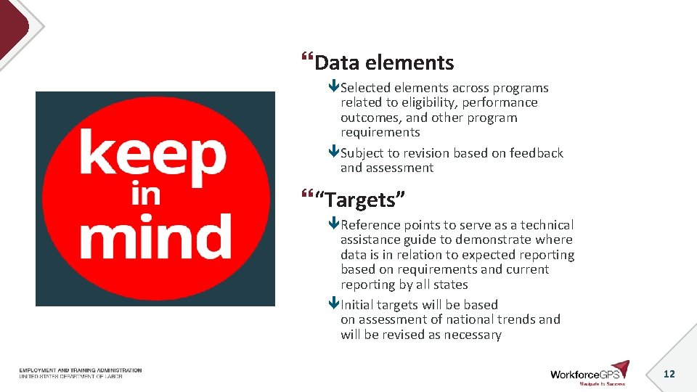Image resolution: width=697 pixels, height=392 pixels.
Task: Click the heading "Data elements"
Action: [x=384, y=63]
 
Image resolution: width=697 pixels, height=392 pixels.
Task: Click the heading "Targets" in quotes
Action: [x=360, y=198]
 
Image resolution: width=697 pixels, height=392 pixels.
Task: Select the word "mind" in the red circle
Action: [x=155, y=235]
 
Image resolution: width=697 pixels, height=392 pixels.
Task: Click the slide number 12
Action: [x=669, y=373]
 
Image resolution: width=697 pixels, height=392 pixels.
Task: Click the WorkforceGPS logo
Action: [x=589, y=374]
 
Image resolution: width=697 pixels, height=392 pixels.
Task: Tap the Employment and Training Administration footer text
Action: [x=81, y=370]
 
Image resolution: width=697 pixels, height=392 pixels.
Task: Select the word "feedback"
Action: [x=537, y=153]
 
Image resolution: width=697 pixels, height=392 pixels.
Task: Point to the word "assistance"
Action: [x=371, y=240]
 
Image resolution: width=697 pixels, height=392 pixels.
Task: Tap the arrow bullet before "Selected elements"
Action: [x=334, y=88]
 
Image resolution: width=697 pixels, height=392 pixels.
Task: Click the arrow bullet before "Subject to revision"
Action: [x=334, y=153]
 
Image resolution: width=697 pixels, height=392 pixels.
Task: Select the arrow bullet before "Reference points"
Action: [x=334, y=225]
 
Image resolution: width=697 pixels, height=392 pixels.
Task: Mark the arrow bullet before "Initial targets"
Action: [x=334, y=305]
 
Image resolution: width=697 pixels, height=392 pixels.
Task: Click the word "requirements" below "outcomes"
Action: [x=380, y=132]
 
